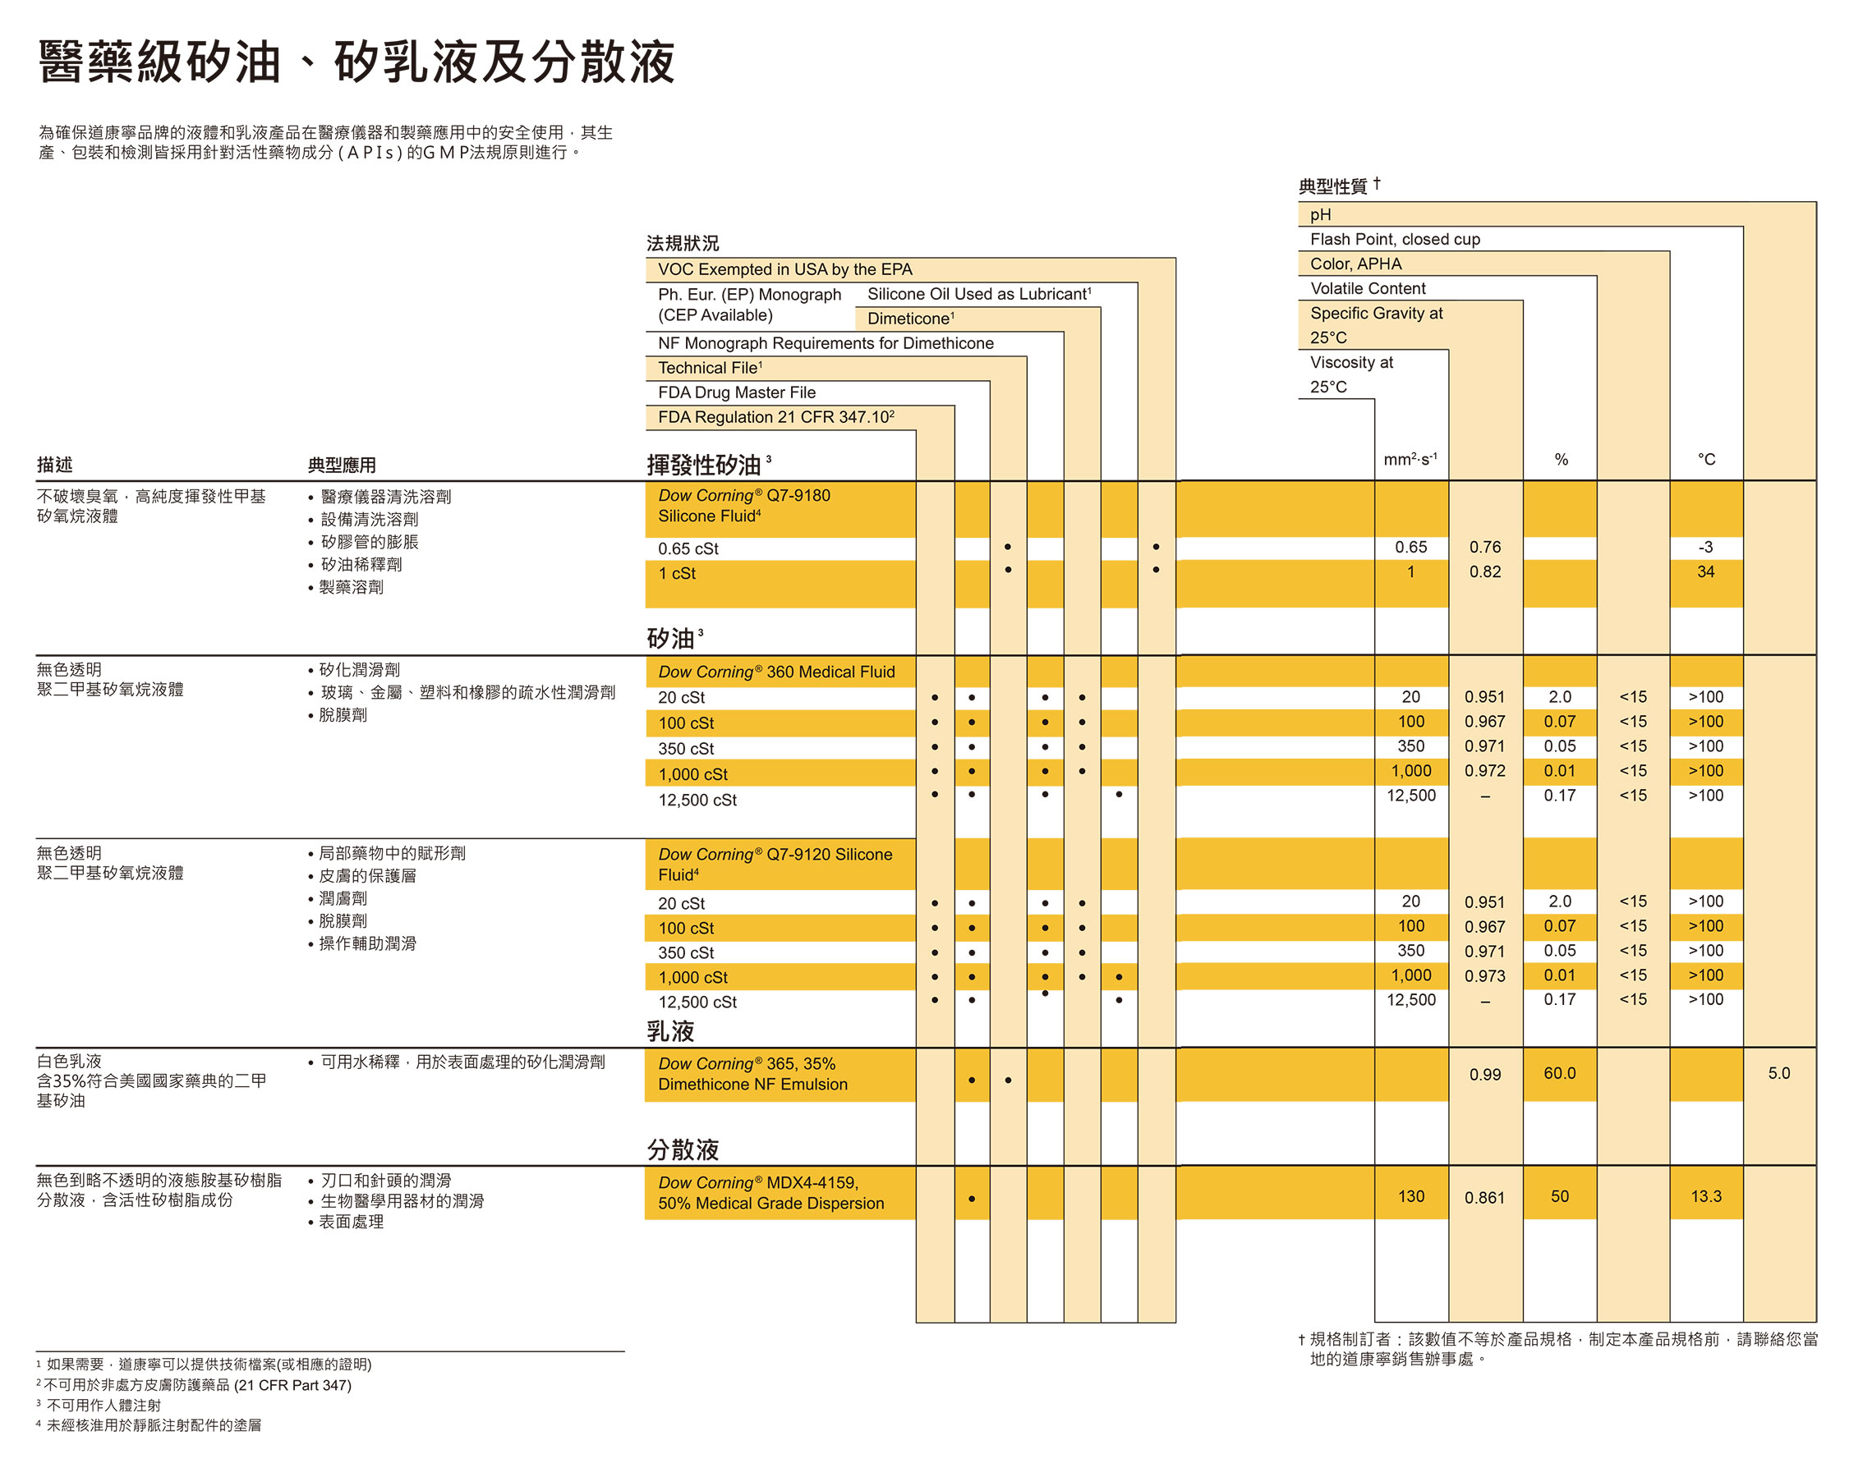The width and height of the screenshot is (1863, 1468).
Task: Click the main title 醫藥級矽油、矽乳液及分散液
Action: click(356, 62)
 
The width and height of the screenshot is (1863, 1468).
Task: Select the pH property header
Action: click(1320, 215)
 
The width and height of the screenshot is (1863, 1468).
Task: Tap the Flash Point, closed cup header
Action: click(1395, 239)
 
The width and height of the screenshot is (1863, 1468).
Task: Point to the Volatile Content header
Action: click(1367, 289)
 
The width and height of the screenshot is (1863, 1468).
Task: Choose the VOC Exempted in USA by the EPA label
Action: click(785, 270)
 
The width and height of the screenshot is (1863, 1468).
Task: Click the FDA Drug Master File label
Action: click(737, 392)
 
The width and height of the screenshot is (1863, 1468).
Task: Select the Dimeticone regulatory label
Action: click(910, 318)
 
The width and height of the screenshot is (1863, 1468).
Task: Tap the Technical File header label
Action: click(710, 368)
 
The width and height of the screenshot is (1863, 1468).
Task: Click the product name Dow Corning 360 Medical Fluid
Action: click(776, 672)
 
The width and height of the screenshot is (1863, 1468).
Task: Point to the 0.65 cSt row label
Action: click(688, 548)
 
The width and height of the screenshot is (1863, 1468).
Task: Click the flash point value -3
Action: click(1704, 548)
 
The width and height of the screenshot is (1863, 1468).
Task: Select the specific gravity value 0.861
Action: click(1484, 1197)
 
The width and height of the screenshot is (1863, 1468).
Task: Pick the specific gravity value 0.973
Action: click(1484, 976)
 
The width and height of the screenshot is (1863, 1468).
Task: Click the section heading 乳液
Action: click(670, 1031)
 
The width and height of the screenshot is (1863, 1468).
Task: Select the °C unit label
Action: click(1705, 460)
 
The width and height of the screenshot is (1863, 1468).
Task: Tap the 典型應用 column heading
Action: click(343, 465)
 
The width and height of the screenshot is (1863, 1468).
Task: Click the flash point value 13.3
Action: click(1705, 1196)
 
